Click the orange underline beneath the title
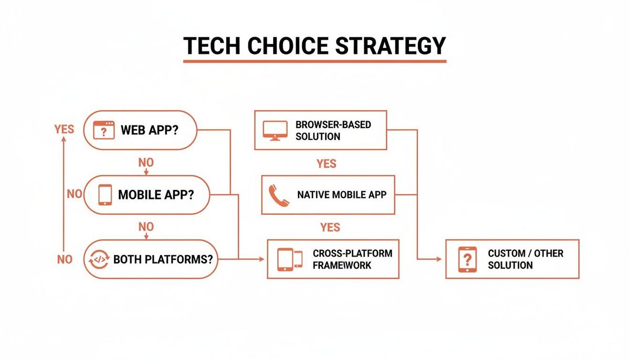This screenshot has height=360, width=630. click(x=314, y=61)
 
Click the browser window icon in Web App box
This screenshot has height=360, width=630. click(x=103, y=130)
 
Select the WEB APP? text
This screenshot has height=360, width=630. click(x=150, y=130)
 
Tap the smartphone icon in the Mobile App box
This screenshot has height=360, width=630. click(x=106, y=195)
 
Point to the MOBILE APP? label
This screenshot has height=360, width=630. click(x=156, y=195)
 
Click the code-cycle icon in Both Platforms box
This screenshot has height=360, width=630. click(x=100, y=259)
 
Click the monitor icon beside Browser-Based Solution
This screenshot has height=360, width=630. click(x=275, y=130)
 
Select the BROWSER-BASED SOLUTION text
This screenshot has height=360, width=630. click(x=333, y=131)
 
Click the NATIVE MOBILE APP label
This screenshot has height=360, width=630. click(x=341, y=195)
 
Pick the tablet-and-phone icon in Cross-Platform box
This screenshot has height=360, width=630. click(x=290, y=259)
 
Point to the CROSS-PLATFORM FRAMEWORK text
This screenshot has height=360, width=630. click(x=352, y=259)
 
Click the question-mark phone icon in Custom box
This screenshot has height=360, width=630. click(x=467, y=259)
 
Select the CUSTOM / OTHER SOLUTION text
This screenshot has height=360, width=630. click(x=525, y=259)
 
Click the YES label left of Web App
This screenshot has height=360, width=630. click(x=64, y=129)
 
